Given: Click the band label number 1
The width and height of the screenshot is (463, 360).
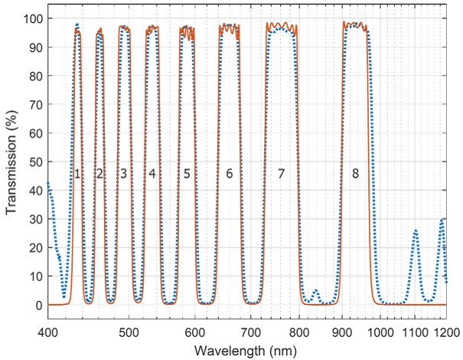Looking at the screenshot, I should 77,174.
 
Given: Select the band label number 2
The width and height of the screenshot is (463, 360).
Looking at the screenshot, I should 99,174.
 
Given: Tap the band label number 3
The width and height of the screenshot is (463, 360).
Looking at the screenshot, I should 123,174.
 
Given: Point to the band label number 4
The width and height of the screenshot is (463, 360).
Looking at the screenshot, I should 152,174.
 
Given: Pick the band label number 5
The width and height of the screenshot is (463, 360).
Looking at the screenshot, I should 187,174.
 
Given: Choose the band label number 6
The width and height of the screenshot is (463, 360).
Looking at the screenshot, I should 229,174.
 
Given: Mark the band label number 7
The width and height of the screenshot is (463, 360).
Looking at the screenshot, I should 281,174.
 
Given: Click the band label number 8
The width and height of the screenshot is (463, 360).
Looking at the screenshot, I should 355,174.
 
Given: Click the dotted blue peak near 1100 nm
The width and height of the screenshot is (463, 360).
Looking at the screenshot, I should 416,231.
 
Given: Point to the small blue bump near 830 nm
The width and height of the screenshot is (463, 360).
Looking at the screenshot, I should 315,290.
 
